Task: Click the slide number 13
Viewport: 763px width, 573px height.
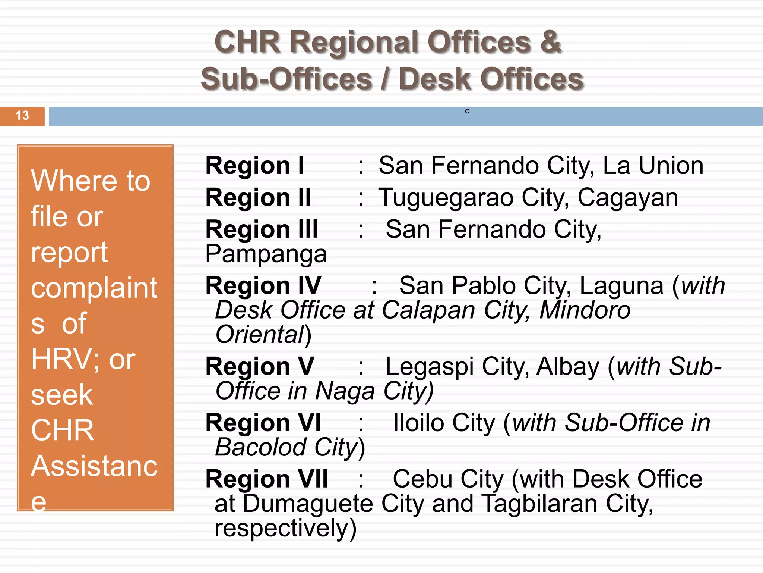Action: click(22, 116)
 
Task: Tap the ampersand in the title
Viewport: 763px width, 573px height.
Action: click(550, 42)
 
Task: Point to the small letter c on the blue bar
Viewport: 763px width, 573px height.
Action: click(467, 111)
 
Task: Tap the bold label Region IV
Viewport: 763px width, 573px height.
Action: click(263, 286)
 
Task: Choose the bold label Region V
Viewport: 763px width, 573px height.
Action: click(260, 366)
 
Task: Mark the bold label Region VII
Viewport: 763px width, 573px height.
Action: click(267, 479)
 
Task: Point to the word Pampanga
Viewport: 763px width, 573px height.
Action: click(266, 254)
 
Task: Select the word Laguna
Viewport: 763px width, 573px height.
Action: click(621, 286)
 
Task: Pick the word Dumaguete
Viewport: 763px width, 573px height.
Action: click(308, 504)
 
